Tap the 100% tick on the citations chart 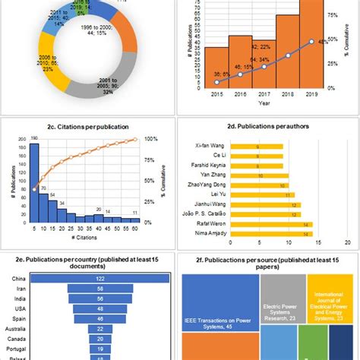point(150,139)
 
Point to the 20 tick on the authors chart point(346,243)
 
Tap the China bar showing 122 point(100,278)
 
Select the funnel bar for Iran point(100,289)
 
